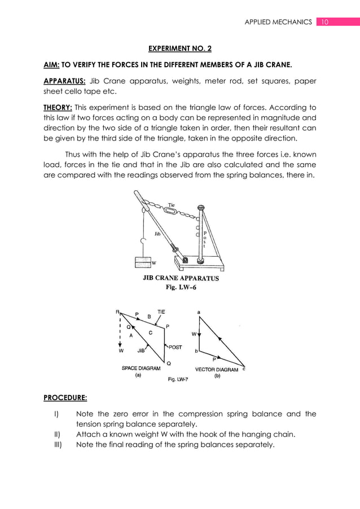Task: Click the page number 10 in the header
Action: pyautogui.click(x=324, y=22)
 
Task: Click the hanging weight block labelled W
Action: pyautogui.click(x=143, y=262)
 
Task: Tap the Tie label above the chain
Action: pyautogui.click(x=172, y=205)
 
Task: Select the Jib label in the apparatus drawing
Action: pyautogui.click(x=158, y=232)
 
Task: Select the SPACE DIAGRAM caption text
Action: pyautogui.click(x=141, y=369)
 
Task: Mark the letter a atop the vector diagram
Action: pyautogui.click(x=198, y=311)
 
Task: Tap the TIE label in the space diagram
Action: pyautogui.click(x=161, y=311)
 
